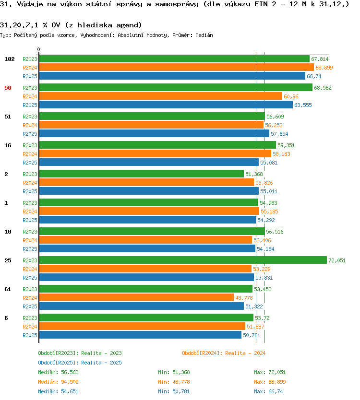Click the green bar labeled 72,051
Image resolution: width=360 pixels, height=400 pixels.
pyautogui.click(x=183, y=260)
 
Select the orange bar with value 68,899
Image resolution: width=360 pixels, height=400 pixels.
pyautogui.click(x=177, y=67)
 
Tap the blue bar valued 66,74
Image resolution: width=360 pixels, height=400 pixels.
pyautogui.click(x=172, y=76)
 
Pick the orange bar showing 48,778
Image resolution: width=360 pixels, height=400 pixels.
pyautogui.click(x=136, y=297)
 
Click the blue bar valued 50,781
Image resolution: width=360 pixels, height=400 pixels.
pyautogui.click(x=140, y=335)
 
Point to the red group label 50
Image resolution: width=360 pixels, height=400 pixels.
pyautogui.click(x=8, y=88)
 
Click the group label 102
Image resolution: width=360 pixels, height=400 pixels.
pyautogui.click(x=10, y=59)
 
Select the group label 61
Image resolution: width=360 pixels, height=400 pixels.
pyautogui.click(x=8, y=289)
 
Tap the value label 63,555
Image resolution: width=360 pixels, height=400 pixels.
pyautogui.click(x=303, y=105)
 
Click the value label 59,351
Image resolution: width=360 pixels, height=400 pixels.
pyautogui.click(x=286, y=145)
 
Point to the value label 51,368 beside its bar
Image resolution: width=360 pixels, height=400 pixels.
pyautogui.click(x=254, y=174)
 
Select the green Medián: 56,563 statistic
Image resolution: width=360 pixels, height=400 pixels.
pyautogui.click(x=58, y=372)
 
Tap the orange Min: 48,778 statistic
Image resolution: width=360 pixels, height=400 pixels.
pyautogui.click(x=174, y=382)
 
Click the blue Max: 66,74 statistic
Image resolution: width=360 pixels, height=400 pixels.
pyautogui.click(x=268, y=391)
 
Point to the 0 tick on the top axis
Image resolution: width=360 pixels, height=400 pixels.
pyautogui.click(x=39, y=49)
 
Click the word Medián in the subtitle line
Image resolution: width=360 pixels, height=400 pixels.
pyautogui.click(x=204, y=35)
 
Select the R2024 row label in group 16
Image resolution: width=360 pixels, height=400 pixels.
pyautogui.click(x=30, y=154)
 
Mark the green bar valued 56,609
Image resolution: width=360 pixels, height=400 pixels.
pyautogui.click(x=152, y=117)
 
